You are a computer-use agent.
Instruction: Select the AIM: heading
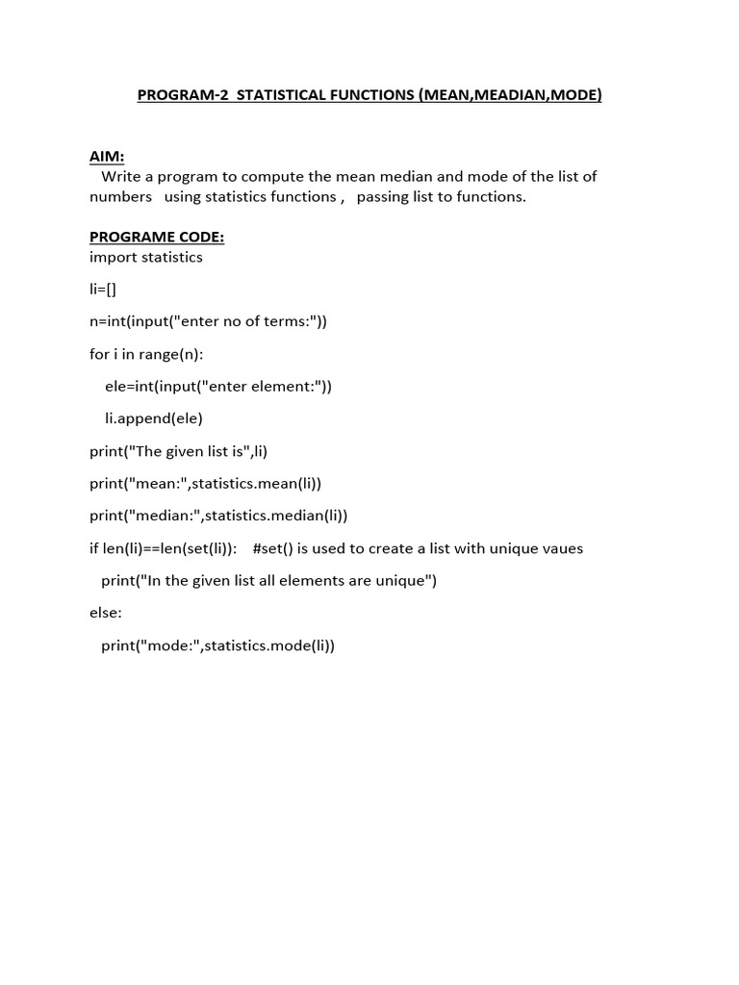107,157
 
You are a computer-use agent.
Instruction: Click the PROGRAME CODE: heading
157,237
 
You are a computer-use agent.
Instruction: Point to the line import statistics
146,257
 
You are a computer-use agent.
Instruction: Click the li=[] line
103,289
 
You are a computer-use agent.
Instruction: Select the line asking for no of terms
208,321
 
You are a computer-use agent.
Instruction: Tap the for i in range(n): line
146,354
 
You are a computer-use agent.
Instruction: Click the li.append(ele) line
153,418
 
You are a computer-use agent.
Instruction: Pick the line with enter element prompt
217,386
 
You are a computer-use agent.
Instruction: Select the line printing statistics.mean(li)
206,483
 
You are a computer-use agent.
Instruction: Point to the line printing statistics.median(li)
218,516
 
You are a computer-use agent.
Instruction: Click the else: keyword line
106,613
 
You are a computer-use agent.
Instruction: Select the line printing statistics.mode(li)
217,645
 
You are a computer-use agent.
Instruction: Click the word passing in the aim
384,196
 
